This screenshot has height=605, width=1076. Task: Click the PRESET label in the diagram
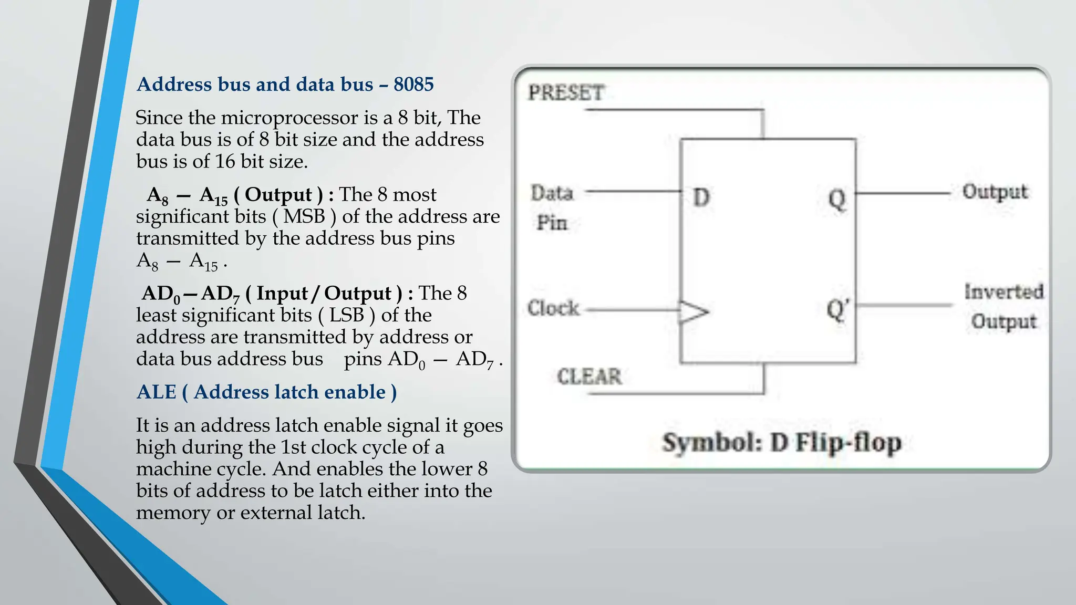coord(566,93)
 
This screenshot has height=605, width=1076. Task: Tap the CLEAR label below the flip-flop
coord(589,377)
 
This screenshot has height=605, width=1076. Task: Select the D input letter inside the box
coord(701,197)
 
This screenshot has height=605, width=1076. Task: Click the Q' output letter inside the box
coord(837,310)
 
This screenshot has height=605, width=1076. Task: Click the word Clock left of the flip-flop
coord(553,308)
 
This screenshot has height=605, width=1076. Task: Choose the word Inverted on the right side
coord(1003,292)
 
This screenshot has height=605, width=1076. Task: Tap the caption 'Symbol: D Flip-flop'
coord(781,442)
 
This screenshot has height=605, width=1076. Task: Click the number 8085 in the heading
coord(413,85)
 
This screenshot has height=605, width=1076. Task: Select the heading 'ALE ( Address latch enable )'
coord(266,392)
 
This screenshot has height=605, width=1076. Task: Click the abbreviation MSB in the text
coord(304,216)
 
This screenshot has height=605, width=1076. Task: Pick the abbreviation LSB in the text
coord(347,315)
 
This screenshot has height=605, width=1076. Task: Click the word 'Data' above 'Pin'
coord(551,193)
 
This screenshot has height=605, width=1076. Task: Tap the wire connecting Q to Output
coord(903,193)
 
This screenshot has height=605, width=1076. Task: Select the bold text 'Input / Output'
coord(324,294)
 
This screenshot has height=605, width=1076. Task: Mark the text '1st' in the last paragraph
coord(294,447)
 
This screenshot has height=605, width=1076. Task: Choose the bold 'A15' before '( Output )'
coord(213,196)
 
